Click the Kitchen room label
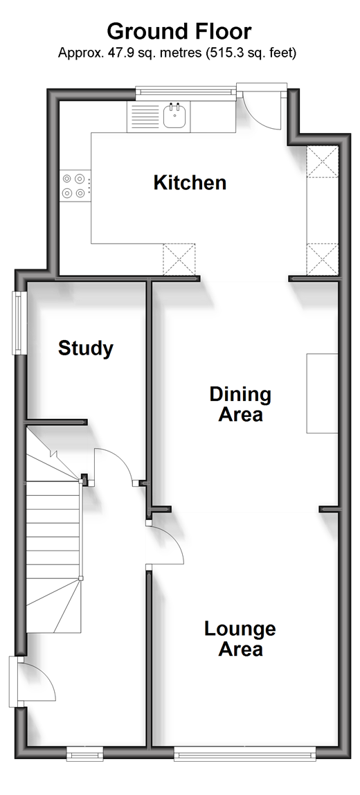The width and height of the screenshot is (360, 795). pyautogui.click(x=190, y=183)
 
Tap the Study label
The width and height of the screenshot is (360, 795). pyautogui.click(x=86, y=349)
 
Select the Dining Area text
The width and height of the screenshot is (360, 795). pyautogui.click(x=240, y=404)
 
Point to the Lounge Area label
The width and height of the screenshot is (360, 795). pyautogui.click(x=240, y=638)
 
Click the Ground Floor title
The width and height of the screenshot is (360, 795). pyautogui.click(x=179, y=31)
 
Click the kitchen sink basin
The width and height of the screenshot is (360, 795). pyautogui.click(x=176, y=116)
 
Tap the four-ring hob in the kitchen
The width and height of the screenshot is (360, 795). pyautogui.click(x=73, y=186)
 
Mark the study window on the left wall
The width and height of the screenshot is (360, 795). pyautogui.click(x=19, y=323)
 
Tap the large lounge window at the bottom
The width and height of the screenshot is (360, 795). pyautogui.click(x=245, y=755)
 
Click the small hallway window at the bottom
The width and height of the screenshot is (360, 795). pyautogui.click(x=84, y=755)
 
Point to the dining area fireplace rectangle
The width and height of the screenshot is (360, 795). pyautogui.click(x=322, y=393)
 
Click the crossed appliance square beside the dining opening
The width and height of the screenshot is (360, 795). pyautogui.click(x=179, y=259)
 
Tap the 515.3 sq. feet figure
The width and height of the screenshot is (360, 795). pyautogui.click(x=251, y=52)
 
